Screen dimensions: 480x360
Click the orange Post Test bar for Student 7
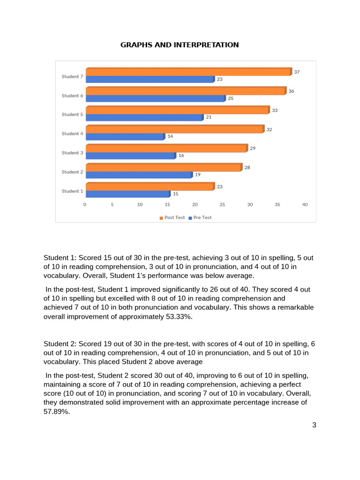tap(188, 72)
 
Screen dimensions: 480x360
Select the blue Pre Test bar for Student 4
tap(125, 136)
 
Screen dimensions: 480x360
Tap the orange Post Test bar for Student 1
tap(150, 187)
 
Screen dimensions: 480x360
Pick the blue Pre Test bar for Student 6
tap(155, 98)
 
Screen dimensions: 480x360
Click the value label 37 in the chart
tap(297, 72)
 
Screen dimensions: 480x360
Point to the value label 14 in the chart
tap(171, 136)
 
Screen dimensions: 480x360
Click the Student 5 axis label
tap(72, 114)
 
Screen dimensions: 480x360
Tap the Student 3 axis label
tap(72, 153)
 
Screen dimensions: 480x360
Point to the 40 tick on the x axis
tap(305, 204)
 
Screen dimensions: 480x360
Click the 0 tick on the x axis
tap(85, 204)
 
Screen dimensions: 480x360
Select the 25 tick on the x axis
tap(223, 204)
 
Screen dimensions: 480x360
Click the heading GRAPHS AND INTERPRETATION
tap(180, 45)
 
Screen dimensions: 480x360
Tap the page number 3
tap(314, 425)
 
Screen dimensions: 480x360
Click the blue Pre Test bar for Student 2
tap(139, 175)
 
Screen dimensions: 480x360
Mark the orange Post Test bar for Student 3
tap(166, 148)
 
